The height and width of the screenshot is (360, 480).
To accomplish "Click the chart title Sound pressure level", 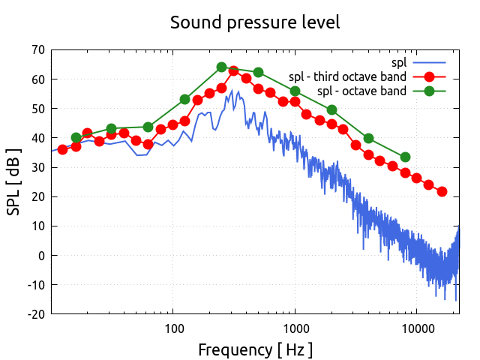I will (255, 22).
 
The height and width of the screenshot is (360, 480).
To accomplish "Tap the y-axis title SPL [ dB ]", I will (14, 182).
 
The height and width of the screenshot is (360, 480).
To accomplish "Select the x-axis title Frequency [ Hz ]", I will (255, 349).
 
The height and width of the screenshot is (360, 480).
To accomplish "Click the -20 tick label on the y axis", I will (34, 314).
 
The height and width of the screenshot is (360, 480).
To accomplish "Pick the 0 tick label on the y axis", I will (40, 256).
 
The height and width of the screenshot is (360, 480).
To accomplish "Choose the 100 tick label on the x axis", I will (173, 328).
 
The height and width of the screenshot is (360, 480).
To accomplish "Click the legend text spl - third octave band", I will (348, 76).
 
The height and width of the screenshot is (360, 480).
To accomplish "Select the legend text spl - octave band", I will (362, 91).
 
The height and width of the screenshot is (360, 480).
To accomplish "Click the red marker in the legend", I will (429, 76).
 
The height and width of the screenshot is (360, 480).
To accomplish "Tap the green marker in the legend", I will (429, 91).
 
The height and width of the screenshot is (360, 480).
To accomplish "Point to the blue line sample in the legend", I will (429, 62).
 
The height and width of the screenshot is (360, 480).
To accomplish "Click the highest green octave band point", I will (222, 67).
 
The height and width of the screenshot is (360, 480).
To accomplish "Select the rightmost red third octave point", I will (442, 191).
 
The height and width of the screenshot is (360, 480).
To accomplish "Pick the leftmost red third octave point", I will (63, 149).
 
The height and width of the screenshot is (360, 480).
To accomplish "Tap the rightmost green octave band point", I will (405, 157).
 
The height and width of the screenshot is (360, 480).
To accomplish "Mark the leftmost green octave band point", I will (76, 138).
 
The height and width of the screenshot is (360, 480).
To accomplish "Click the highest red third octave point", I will (234, 71).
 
